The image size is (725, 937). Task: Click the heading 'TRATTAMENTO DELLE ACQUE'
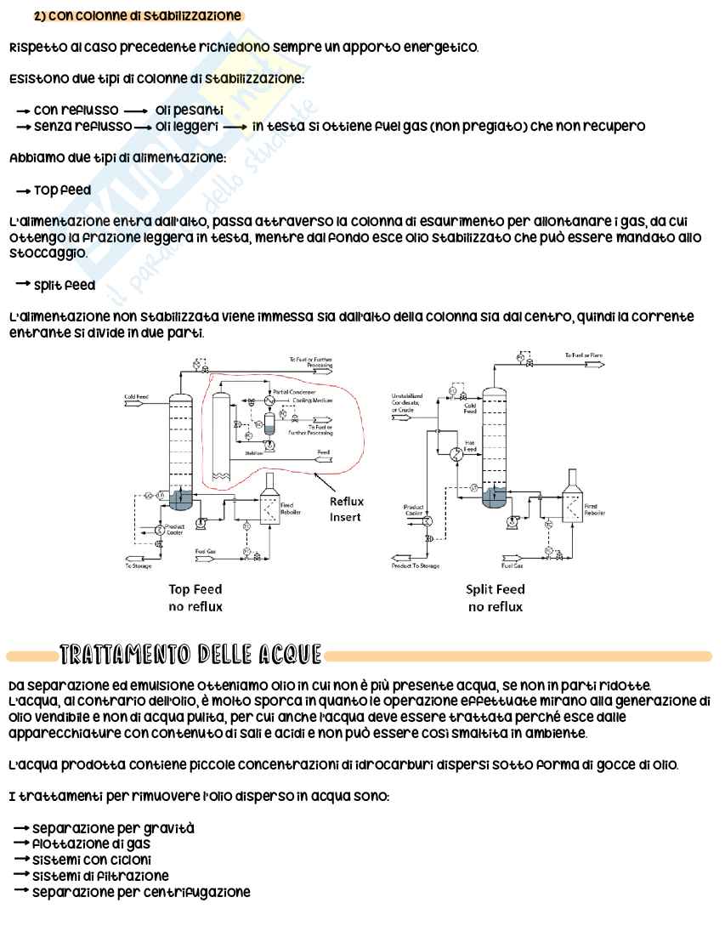click(190, 655)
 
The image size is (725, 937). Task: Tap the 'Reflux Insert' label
click(346, 509)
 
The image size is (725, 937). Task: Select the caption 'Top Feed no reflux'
click(195, 597)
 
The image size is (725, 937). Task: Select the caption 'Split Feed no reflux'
click(496, 597)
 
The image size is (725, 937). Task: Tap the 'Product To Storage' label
click(416, 565)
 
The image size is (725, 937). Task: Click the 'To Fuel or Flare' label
click(583, 355)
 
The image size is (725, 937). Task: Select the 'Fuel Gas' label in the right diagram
click(512, 565)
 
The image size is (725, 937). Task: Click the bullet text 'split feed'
click(65, 285)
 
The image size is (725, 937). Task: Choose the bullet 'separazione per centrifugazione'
click(141, 892)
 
